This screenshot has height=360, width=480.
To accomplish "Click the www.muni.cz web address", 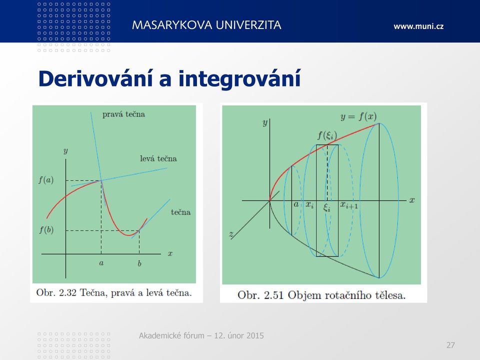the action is pos(418,26).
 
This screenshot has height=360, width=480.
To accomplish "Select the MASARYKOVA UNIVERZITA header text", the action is pos(206,25).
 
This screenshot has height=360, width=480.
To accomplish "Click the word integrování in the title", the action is pos(239,79).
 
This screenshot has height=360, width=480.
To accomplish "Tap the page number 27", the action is pos(450,345).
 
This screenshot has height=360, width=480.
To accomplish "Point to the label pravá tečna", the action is pos(123,114).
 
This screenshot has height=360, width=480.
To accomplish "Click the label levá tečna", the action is pos(158,158).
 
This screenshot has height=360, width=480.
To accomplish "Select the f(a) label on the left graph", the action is pos(46,179).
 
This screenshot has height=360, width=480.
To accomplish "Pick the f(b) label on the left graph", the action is pos(46,229).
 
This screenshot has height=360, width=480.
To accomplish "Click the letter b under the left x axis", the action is pos(139,263).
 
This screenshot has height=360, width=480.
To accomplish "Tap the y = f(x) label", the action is pos(358,116).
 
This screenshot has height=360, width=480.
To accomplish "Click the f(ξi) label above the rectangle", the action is pos(327,135).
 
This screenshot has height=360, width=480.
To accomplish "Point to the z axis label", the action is pos(231,234).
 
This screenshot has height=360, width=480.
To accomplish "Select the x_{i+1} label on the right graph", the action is pos(349,205).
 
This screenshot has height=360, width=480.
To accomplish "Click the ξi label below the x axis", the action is pos(327,208).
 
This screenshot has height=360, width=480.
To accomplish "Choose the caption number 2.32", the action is pos(67,293).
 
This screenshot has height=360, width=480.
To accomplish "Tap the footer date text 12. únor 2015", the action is pos(239,336).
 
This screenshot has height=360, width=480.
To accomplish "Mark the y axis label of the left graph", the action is pos(65,151).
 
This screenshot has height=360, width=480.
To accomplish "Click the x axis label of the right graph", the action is pos(412,200).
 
